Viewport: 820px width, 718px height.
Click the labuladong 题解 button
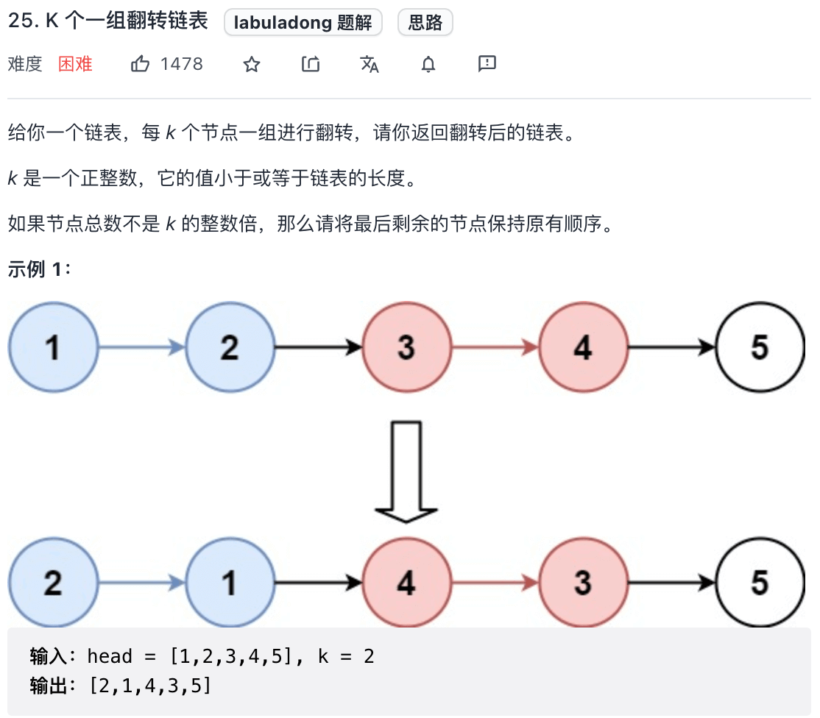coord(303,23)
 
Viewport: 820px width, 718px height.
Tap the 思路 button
coord(425,23)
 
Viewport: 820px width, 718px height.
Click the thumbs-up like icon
coord(140,64)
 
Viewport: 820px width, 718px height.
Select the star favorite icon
coord(252,65)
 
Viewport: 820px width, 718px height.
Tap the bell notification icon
coord(428,65)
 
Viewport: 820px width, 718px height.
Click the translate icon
coord(370,65)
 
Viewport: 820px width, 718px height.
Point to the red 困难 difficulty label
coord(76,64)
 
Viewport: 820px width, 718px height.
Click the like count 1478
coord(182,64)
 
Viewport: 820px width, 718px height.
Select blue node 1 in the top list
coord(53,347)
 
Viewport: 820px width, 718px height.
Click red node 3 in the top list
coord(406,347)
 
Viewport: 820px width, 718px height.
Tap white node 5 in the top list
coord(760,347)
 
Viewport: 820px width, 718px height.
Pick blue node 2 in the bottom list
coord(53,583)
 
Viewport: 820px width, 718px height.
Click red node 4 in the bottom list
coord(406,583)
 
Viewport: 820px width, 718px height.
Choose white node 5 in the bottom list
coord(760,583)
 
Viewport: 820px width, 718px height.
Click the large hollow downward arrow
coord(406,471)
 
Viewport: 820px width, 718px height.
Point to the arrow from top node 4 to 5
coord(671,347)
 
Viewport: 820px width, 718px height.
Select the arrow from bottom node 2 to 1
coord(141,583)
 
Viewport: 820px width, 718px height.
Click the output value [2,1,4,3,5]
coord(150,686)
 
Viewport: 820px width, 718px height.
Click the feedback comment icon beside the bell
coord(487,64)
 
